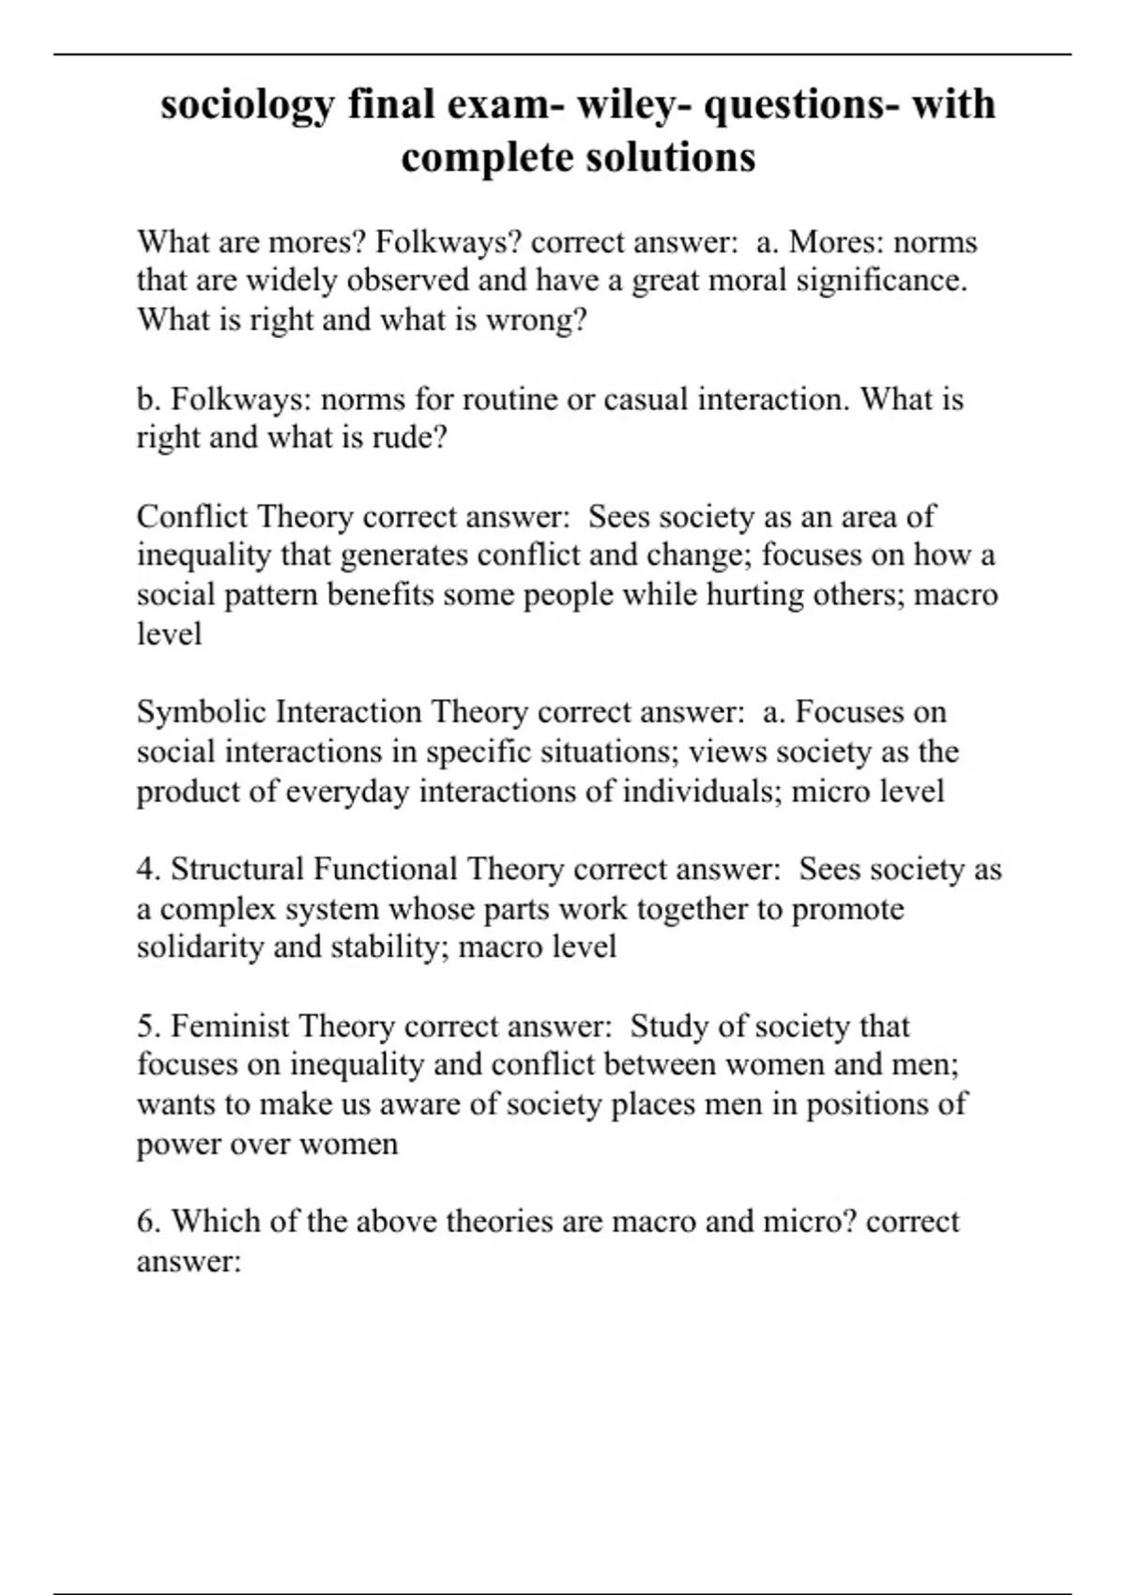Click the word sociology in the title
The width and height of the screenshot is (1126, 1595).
click(x=247, y=105)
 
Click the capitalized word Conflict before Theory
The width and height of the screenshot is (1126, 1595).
click(x=191, y=517)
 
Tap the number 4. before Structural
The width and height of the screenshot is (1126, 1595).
click(x=148, y=870)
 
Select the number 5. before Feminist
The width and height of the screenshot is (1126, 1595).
click(x=148, y=1026)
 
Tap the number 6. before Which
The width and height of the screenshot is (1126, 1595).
click(x=148, y=1222)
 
